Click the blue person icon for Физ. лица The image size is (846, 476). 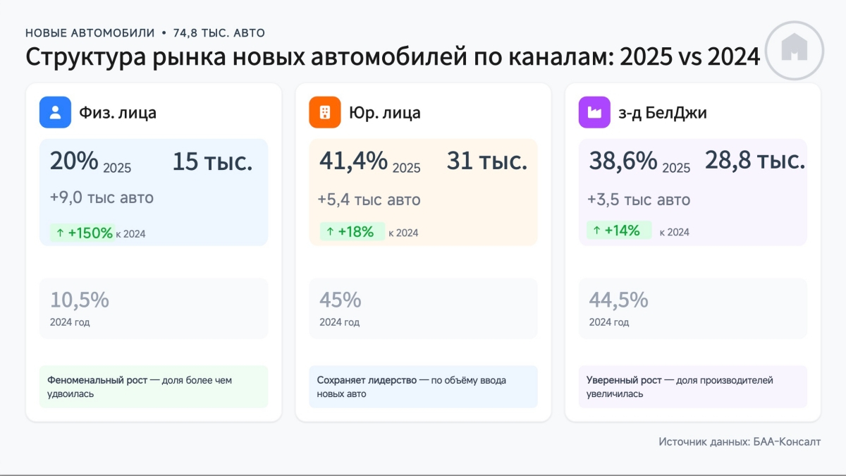[55, 112]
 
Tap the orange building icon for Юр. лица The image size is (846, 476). [325, 112]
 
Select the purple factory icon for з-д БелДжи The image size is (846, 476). [594, 112]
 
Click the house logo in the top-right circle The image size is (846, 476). [795, 49]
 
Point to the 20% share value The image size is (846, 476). [74, 161]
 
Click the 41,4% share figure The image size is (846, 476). [353, 161]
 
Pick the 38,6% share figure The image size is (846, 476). [623, 161]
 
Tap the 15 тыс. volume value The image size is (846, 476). [212, 162]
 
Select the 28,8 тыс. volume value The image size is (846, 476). [754, 161]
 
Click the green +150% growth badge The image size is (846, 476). [82, 233]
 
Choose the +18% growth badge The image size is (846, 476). [352, 231]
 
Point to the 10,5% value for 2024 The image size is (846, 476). [79, 300]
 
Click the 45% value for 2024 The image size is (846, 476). [340, 300]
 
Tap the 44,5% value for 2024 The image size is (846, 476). [618, 300]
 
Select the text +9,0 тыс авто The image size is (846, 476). [102, 198]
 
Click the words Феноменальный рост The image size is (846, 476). [97, 380]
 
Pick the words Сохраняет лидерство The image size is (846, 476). [367, 380]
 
